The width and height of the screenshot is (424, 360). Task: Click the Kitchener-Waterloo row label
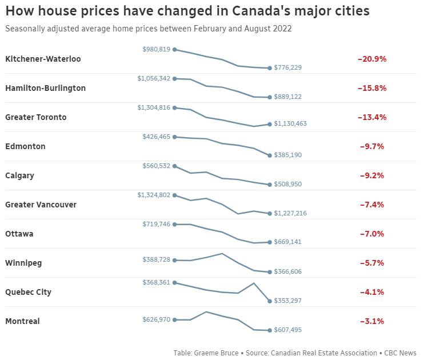pyautogui.click(x=43, y=59)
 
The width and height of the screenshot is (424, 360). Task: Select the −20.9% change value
pyautogui.click(x=372, y=59)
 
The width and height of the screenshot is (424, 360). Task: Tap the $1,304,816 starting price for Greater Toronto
pyautogui.click(x=154, y=107)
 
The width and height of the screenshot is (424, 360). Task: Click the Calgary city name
pyautogui.click(x=19, y=175)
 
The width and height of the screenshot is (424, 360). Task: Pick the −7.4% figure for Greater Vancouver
pyautogui.click(x=372, y=205)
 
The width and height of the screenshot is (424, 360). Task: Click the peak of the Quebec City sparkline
pyautogui.click(x=254, y=283)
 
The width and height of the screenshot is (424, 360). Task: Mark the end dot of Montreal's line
pyautogui.click(x=270, y=330)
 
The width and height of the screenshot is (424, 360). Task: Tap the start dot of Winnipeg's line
pyautogui.click(x=174, y=260)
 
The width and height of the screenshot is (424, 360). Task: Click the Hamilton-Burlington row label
pyautogui.click(x=45, y=88)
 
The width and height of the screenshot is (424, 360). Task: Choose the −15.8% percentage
pyautogui.click(x=372, y=88)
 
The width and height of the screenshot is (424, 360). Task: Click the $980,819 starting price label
pyautogui.click(x=157, y=49)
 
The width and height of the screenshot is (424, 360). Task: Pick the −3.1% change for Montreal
pyautogui.click(x=372, y=321)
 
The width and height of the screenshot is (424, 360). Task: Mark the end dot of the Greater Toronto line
pyautogui.click(x=270, y=124)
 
